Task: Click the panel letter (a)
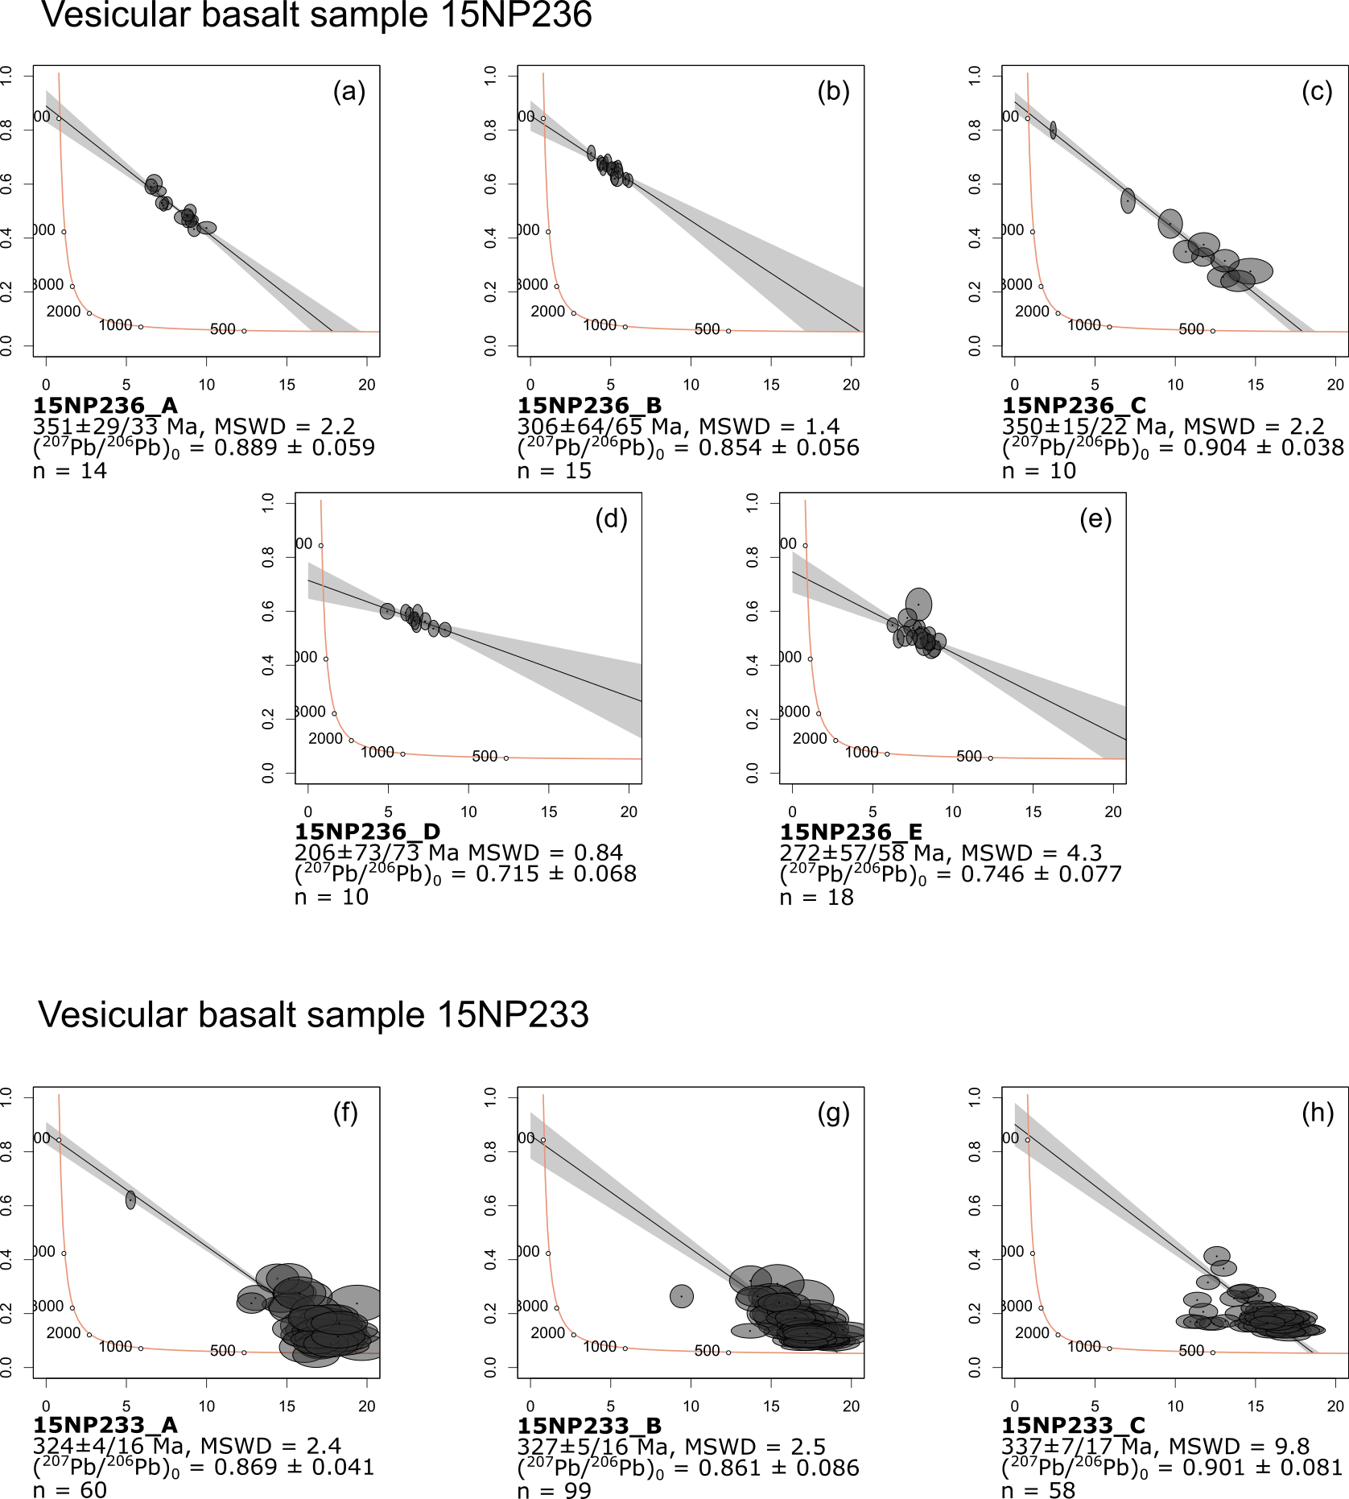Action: pyautogui.click(x=349, y=92)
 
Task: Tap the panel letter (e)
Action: pyautogui.click(x=1095, y=518)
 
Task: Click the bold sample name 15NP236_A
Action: pyautogui.click(x=105, y=405)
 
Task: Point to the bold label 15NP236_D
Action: pyautogui.click(x=367, y=832)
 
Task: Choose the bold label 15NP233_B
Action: pyautogui.click(x=589, y=1426)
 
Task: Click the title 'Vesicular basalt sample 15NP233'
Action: pyautogui.click(x=313, y=1014)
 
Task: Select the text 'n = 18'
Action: pyautogui.click(x=816, y=897)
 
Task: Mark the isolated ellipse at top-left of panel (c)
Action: pyautogui.click(x=1053, y=130)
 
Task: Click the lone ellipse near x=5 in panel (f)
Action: pyautogui.click(x=130, y=1200)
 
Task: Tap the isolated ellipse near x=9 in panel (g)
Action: pyautogui.click(x=682, y=1295)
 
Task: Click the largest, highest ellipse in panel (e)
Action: pyautogui.click(x=918, y=604)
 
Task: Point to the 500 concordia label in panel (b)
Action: pyautogui.click(x=707, y=329)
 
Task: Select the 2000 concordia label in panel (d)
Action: pyautogui.click(x=325, y=738)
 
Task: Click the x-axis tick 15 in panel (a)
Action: pyautogui.click(x=287, y=385)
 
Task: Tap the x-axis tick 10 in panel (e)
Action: pyautogui.click(x=952, y=811)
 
